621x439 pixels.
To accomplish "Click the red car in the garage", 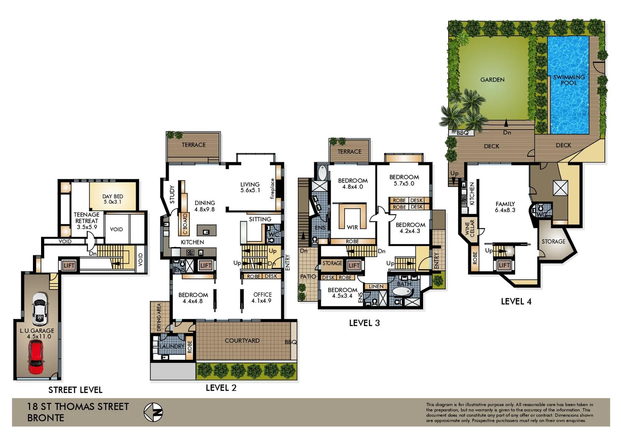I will [36, 357].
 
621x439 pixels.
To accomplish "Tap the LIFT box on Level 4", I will [504, 265].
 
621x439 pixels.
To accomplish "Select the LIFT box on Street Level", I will [69, 265].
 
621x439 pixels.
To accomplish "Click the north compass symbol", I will [153, 412].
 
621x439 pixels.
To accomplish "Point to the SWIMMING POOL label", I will [569, 80].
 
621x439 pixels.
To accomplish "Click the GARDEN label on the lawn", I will [492, 80].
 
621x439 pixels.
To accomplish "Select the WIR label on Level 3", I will [352, 227].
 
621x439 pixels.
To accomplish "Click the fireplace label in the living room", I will [272, 189].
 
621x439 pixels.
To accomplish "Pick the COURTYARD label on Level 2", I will [242, 341].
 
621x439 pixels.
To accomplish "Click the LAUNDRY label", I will [172, 346].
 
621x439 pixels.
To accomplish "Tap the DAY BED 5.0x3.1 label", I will [113, 199].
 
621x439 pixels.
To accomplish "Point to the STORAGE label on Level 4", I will [553, 241].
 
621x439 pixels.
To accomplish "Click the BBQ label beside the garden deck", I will [462, 133].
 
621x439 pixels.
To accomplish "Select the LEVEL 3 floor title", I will [364, 323].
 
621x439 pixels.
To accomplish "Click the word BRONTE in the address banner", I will [46, 418].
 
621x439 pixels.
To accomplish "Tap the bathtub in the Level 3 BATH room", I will [402, 292].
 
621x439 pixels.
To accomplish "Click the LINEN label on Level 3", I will [376, 287].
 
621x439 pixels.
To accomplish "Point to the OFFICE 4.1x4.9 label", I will [262, 298].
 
